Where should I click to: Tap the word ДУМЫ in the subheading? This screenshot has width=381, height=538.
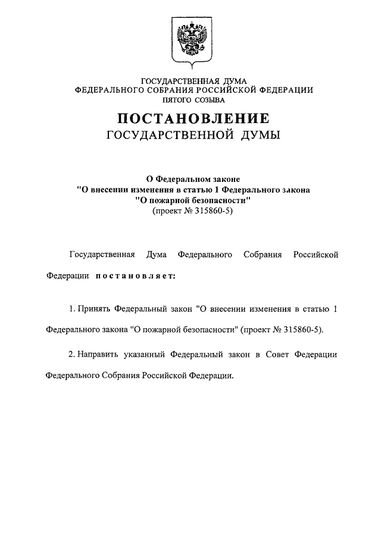point(259,137)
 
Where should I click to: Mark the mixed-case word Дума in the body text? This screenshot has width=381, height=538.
point(156,254)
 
